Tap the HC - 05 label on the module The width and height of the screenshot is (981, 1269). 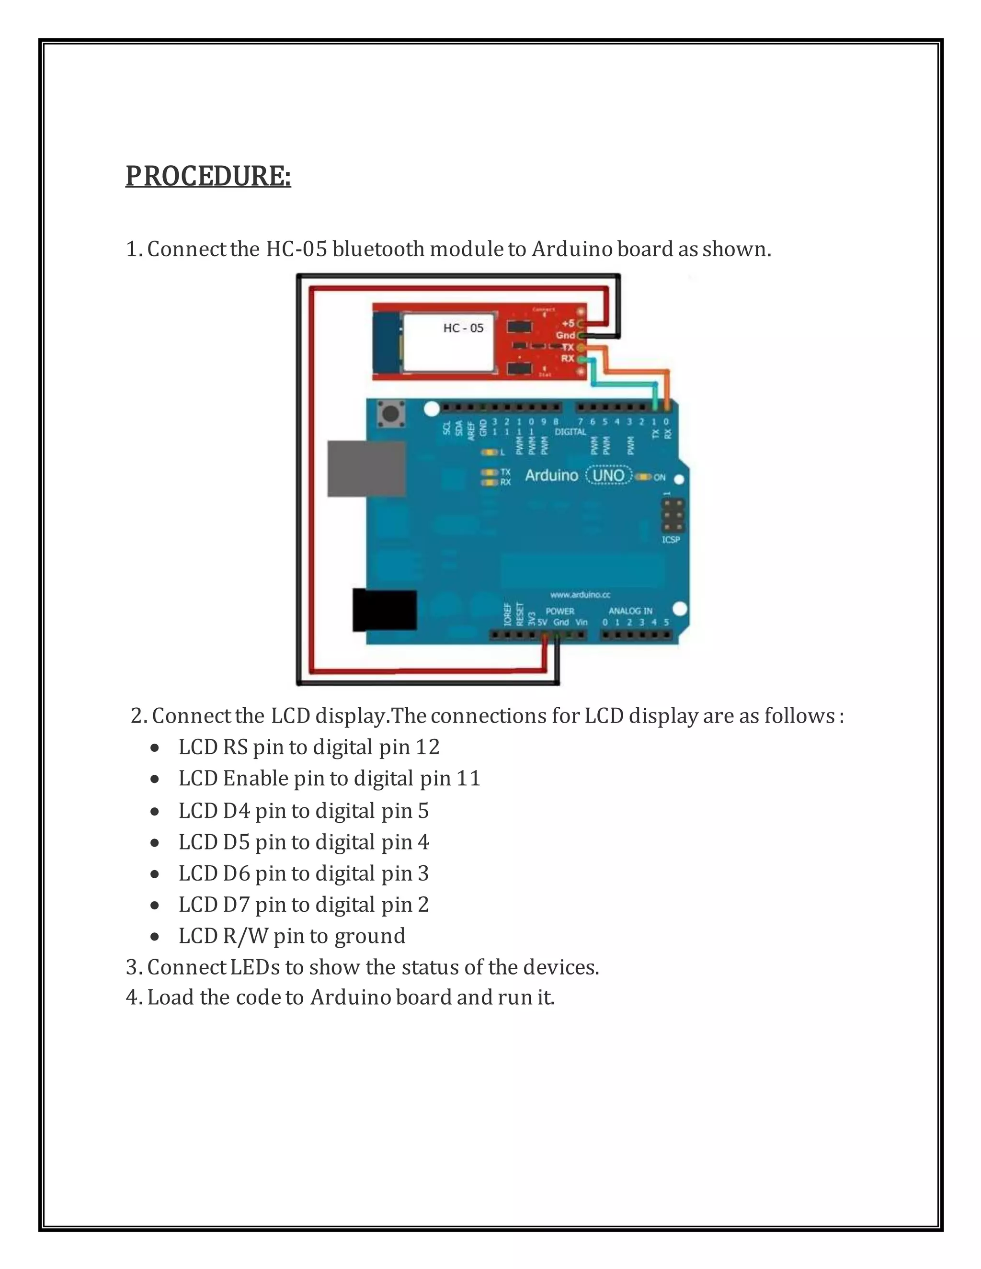click(463, 329)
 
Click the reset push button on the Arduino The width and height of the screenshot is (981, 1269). click(391, 414)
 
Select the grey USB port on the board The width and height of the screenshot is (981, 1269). click(366, 468)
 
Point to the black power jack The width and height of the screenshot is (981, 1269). click(385, 610)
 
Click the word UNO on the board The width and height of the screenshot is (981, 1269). click(608, 476)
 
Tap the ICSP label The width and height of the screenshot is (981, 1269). click(671, 540)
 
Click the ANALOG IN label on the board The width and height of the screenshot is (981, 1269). click(630, 611)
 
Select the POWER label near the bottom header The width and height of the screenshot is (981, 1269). click(559, 611)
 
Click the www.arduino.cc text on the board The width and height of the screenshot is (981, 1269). click(580, 594)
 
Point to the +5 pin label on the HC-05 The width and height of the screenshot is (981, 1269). click(568, 324)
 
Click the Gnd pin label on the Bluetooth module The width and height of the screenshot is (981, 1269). click(565, 335)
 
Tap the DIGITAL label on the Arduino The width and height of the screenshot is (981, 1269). click(570, 432)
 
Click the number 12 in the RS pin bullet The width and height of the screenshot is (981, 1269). click(427, 747)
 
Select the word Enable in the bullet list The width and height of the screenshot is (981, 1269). click(256, 778)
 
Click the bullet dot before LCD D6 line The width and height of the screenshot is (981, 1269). click(155, 874)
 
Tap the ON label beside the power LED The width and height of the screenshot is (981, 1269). click(659, 477)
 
